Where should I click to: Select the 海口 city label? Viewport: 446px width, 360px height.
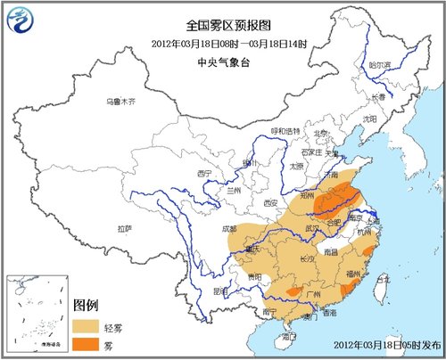pyautogui.click(x=289, y=337)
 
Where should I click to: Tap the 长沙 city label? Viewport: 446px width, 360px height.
pyautogui.click(x=305, y=258)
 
